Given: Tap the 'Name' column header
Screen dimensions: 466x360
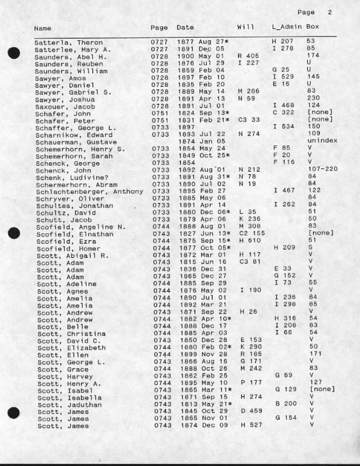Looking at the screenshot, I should tap(42, 28).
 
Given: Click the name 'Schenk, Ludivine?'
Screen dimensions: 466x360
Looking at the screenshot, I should tap(66, 177).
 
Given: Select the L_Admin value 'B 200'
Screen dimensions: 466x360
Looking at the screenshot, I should tap(286, 403).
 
